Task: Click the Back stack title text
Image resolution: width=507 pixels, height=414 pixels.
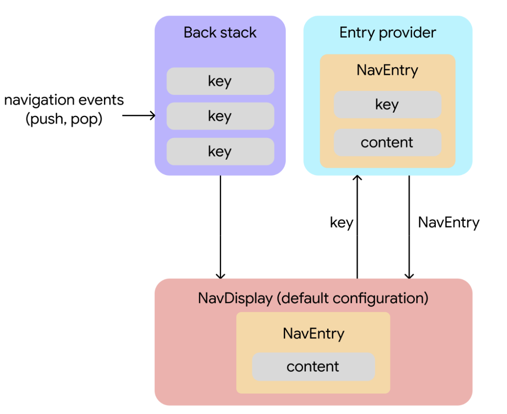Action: click(x=220, y=32)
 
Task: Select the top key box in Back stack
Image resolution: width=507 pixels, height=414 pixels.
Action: click(x=220, y=81)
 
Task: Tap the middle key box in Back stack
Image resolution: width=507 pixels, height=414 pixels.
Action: click(x=220, y=116)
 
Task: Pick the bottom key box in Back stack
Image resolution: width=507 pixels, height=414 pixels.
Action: click(x=220, y=151)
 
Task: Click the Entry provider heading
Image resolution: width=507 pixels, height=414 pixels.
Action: click(x=387, y=32)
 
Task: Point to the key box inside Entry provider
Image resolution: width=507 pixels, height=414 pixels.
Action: click(x=387, y=104)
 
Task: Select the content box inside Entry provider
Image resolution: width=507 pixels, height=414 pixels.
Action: click(x=387, y=143)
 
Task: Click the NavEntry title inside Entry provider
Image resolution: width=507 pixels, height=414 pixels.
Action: click(x=387, y=70)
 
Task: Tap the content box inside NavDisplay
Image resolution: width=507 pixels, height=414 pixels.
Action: click(x=313, y=366)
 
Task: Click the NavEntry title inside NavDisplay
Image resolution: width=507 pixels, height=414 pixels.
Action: click(x=313, y=333)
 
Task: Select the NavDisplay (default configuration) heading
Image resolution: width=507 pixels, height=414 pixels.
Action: click(x=313, y=298)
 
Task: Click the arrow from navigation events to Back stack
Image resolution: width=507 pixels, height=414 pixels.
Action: click(x=138, y=115)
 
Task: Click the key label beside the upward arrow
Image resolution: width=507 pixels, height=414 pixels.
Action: click(x=341, y=222)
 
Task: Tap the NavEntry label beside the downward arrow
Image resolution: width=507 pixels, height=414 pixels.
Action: click(x=448, y=222)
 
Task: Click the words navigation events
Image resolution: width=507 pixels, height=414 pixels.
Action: click(x=64, y=100)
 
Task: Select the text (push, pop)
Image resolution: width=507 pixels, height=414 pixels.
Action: click(x=64, y=119)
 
